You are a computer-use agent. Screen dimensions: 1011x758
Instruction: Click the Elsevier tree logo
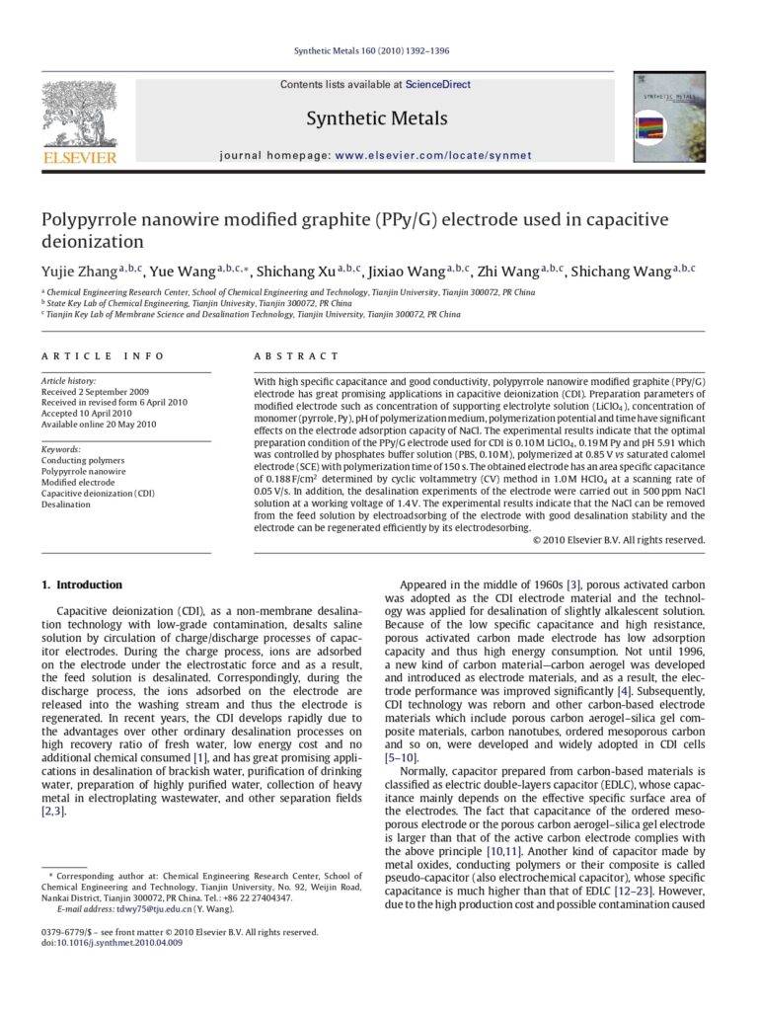(78, 113)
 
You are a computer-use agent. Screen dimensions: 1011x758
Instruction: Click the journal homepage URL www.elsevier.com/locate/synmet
(433, 155)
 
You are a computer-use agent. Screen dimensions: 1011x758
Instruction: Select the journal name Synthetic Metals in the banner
(376, 119)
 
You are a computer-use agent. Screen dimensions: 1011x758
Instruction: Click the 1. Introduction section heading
(82, 584)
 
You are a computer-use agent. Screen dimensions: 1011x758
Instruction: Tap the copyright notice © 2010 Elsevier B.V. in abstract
(618, 540)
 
